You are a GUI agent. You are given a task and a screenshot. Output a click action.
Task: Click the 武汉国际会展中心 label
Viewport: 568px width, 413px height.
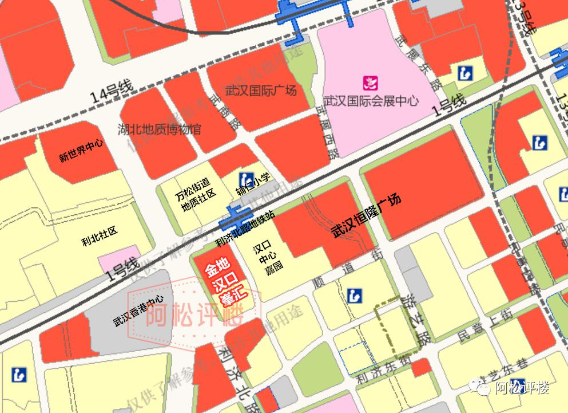[371, 101]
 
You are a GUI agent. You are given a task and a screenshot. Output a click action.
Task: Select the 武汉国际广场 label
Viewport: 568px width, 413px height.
[261, 91]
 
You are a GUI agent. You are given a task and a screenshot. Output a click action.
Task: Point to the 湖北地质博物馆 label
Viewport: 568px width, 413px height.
[160, 129]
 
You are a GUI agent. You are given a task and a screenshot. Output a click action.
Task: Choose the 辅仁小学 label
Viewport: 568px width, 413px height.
[253, 184]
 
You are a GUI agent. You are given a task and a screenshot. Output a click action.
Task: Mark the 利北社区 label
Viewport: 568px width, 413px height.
[99, 231]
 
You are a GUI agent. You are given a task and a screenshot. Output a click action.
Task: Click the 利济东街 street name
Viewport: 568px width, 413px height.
[382, 372]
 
